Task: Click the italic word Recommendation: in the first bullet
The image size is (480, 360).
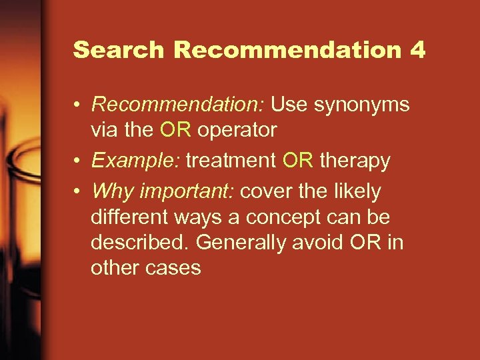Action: (179, 105)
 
